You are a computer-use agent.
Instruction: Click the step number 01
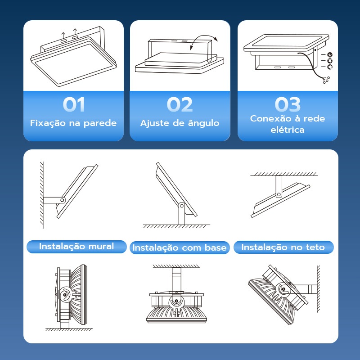pyautogui.click(x=74, y=104)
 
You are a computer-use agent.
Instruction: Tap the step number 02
pyautogui.click(x=180, y=104)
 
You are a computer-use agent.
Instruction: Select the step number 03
pyautogui.click(x=288, y=104)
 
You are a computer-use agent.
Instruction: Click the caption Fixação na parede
pyautogui.click(x=73, y=123)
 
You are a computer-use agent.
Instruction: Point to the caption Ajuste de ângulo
pyautogui.click(x=180, y=123)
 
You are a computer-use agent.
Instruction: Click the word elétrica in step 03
pyautogui.click(x=288, y=130)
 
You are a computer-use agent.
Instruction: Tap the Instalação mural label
pyautogui.click(x=76, y=247)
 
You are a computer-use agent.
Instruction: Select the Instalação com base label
pyautogui.click(x=180, y=248)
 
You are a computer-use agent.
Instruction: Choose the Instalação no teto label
pyautogui.click(x=283, y=247)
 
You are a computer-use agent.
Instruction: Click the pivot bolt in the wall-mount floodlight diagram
pyautogui.click(x=62, y=200)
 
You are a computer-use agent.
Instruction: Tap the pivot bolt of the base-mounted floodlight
pyautogui.click(x=182, y=206)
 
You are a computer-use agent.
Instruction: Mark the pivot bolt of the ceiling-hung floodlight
pyautogui.click(x=279, y=195)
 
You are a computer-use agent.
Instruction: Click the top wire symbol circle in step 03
pyautogui.click(x=330, y=54)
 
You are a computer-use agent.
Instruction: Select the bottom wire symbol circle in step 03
pyautogui.click(x=330, y=67)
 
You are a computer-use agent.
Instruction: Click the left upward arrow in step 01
pyautogui.click(x=63, y=36)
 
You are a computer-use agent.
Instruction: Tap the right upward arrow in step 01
pyautogui.click(x=75, y=31)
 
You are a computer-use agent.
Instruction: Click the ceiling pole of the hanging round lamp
pyautogui.click(x=176, y=279)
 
